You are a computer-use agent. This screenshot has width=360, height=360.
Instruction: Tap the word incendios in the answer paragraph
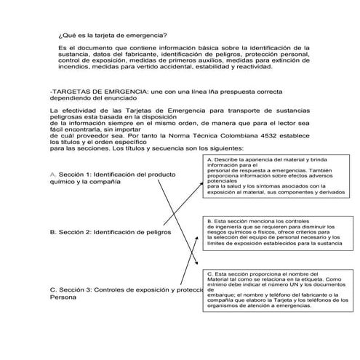click(75, 68)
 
